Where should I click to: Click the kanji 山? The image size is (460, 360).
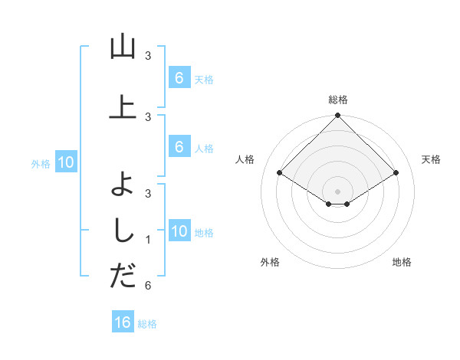point(123,47)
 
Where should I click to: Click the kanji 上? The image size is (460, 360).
point(123,106)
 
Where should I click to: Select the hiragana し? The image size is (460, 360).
point(123,229)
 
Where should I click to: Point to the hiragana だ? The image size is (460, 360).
point(123,275)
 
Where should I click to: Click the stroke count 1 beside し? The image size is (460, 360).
point(148,240)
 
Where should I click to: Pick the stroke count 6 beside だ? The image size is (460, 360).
point(148,286)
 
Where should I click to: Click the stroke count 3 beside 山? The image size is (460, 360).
point(148,56)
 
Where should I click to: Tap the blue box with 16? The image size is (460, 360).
point(123,322)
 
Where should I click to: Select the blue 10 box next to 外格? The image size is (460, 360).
point(66,162)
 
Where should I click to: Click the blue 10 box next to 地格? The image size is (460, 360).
point(179,231)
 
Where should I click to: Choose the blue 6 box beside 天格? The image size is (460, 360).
point(179,78)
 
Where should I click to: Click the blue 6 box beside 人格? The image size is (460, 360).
point(179,147)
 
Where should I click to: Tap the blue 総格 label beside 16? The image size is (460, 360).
point(147,324)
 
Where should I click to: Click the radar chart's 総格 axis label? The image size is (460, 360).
point(337,100)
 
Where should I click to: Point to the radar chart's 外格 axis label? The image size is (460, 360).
point(270,262)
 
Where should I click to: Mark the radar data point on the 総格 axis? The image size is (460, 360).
point(337,116)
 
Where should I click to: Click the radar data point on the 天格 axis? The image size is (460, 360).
point(396,173)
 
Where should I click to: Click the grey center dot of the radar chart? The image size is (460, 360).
point(337,191)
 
